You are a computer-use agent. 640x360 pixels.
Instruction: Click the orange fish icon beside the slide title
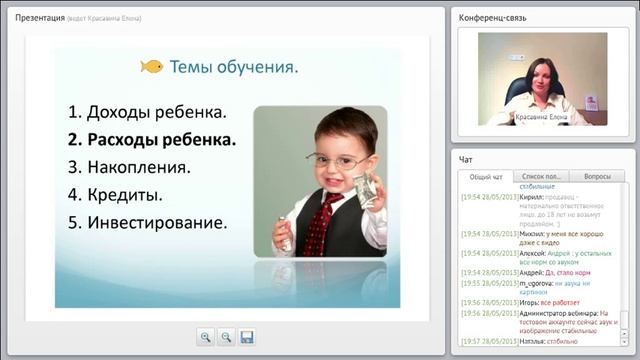click(151, 67)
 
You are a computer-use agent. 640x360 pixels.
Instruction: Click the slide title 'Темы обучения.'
click(234, 68)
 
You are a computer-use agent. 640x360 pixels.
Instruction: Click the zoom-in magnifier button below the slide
click(205, 337)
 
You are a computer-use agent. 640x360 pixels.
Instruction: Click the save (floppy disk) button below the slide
click(247, 337)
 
